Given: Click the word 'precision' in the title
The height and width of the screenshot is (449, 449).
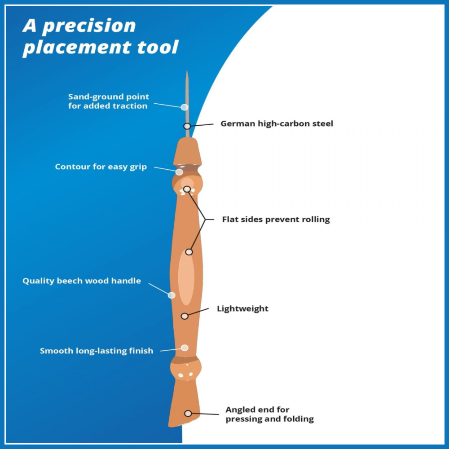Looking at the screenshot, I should pyautogui.click(x=89, y=26).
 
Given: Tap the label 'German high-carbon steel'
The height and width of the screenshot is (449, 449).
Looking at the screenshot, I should pyautogui.click(x=277, y=123).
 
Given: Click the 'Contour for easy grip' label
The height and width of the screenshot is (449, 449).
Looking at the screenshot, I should pyautogui.click(x=101, y=167).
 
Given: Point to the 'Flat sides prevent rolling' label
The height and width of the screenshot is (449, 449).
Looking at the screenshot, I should pyautogui.click(x=276, y=220).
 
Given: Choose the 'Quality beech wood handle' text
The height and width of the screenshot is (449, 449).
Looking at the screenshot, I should pyautogui.click(x=81, y=281).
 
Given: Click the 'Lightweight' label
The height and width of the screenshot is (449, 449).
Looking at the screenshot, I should pyautogui.click(x=242, y=309).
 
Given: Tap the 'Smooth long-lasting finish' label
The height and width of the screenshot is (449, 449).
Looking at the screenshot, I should pyautogui.click(x=97, y=351).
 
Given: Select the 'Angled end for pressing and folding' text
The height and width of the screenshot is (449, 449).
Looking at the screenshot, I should pyautogui.click(x=269, y=414).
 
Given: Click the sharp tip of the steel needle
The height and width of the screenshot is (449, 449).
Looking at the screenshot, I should pyautogui.click(x=187, y=72).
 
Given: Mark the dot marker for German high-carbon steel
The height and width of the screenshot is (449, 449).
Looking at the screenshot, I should pyautogui.click(x=187, y=126).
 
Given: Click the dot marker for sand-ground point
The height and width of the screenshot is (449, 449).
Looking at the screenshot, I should pyautogui.click(x=184, y=107).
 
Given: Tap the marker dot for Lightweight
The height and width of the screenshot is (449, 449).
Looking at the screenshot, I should pyautogui.click(x=185, y=316).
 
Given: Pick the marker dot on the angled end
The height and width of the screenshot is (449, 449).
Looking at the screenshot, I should pyautogui.click(x=188, y=413).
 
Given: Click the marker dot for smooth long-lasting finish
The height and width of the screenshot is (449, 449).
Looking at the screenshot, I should pyautogui.click(x=185, y=348).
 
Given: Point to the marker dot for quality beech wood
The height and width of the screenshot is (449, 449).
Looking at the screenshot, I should pyautogui.click(x=172, y=295).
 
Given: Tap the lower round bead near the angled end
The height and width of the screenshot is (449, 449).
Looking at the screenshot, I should pyautogui.click(x=185, y=369).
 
